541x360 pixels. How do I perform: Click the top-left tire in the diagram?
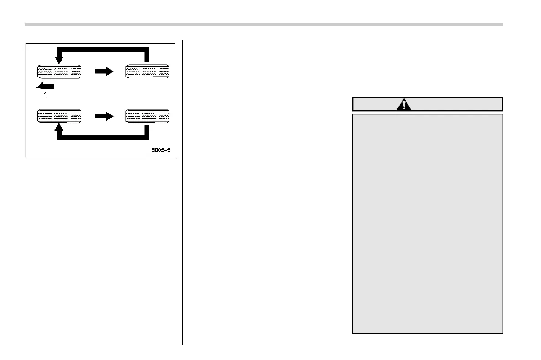coord(59,72)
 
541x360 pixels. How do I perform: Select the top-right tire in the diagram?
coord(147,72)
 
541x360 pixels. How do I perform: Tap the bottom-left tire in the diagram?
coord(59,116)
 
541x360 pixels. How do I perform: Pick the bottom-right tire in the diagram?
coord(147,116)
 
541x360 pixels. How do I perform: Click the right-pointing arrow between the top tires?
coord(103,72)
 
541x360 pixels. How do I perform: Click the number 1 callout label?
coord(45,96)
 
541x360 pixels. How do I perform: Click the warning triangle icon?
coord(404,104)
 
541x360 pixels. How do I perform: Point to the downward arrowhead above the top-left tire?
coord(59,60)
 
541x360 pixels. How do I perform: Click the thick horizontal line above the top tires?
coord(103,49)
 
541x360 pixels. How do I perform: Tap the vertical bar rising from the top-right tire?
coord(147,55)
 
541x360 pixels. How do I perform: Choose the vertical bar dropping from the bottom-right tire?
coord(147,132)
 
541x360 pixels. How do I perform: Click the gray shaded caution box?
coord(428,223)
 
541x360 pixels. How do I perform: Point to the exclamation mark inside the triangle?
coord(404,105)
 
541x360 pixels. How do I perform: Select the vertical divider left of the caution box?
coord(346,191)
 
